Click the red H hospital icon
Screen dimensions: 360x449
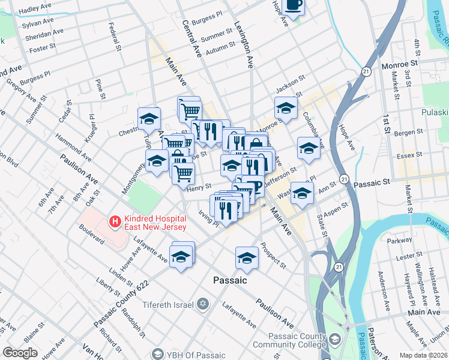pos(114,222)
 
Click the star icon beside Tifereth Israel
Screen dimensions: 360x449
pos(203,304)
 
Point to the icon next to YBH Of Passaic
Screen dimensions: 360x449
pos(157,354)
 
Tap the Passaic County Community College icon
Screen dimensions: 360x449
pos(335,340)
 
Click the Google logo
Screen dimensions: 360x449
pos(20,353)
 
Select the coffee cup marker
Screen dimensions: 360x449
pos(294,5)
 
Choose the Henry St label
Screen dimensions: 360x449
pos(200,188)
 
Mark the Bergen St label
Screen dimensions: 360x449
pos(411,131)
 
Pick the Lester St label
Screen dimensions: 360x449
pos(409,256)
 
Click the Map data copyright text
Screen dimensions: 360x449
pos(423,355)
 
